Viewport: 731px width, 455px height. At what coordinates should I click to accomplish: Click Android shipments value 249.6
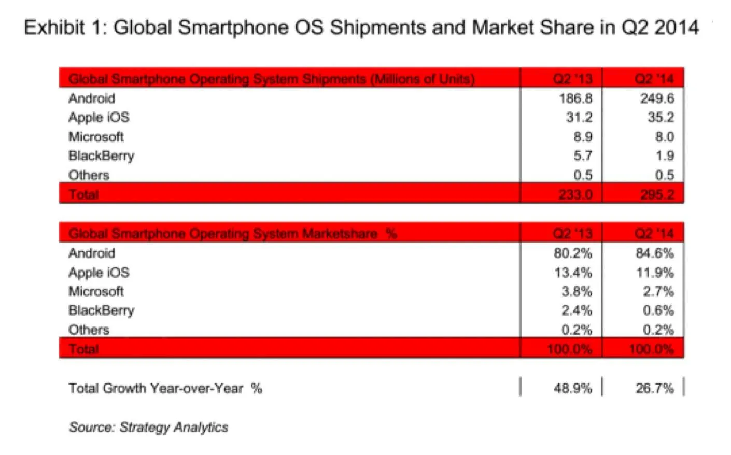click(657, 98)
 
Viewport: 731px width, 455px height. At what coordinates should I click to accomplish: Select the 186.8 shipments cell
click(575, 98)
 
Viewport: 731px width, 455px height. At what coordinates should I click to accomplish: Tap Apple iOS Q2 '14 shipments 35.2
click(660, 117)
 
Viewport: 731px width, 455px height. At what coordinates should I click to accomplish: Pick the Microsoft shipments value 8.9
click(583, 137)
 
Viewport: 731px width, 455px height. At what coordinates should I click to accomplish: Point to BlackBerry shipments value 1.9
click(665, 155)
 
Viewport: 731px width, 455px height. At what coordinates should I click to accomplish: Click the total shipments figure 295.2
click(657, 194)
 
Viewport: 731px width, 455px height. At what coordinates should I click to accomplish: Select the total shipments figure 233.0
click(575, 194)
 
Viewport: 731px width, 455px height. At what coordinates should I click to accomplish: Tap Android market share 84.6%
click(655, 253)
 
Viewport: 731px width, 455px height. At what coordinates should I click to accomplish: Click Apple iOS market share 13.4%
click(573, 273)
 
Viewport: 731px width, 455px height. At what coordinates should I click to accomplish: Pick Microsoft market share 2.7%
click(658, 291)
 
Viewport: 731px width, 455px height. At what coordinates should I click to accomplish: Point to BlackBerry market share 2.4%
click(577, 310)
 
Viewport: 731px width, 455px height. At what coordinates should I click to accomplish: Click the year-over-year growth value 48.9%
click(573, 388)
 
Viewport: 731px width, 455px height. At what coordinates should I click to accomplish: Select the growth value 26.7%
click(655, 388)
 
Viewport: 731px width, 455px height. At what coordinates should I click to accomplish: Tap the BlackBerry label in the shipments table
click(101, 156)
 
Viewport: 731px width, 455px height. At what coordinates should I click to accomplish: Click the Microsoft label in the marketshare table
click(96, 291)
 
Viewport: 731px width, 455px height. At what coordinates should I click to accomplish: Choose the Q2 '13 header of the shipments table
click(572, 79)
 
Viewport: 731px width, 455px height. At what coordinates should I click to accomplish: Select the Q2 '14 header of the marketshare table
click(654, 234)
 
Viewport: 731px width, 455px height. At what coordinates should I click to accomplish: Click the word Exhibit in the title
click(54, 27)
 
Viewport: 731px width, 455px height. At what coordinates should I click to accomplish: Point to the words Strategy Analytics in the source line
click(174, 428)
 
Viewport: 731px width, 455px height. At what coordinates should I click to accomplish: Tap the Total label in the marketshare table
click(83, 349)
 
